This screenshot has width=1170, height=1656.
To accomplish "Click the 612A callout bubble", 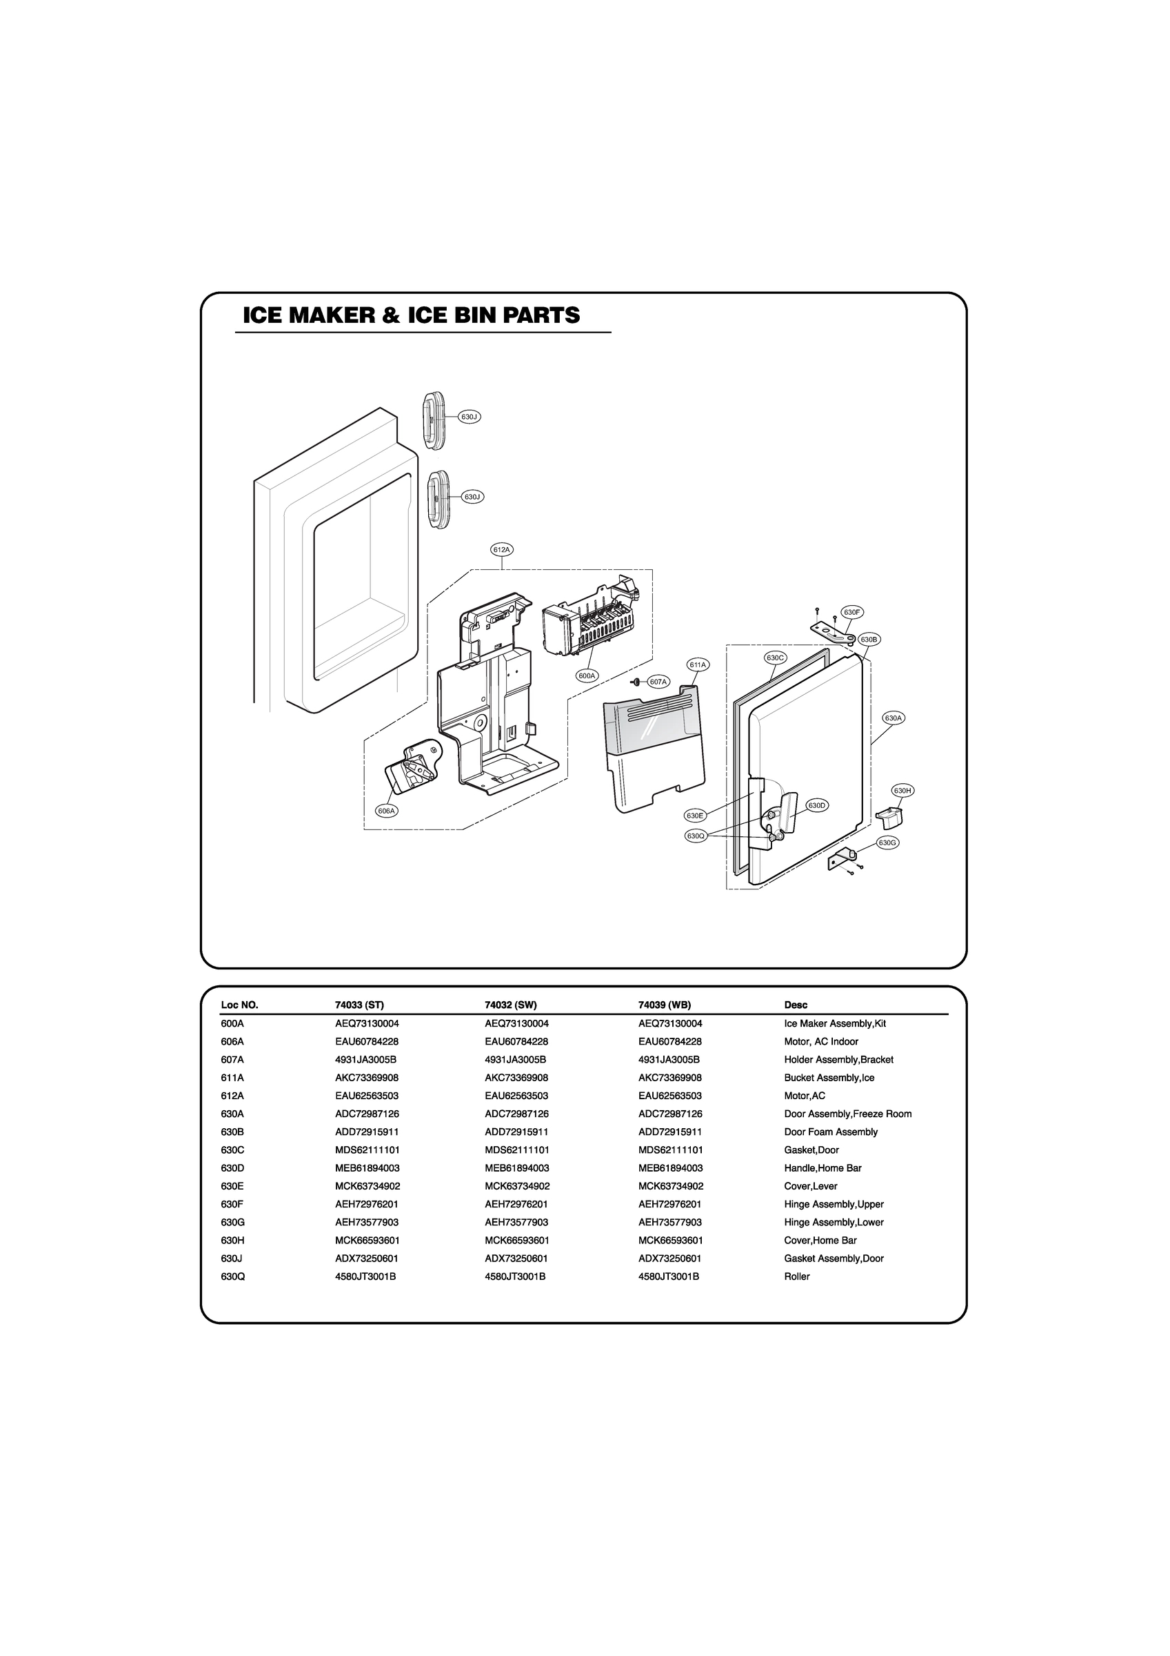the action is click(x=502, y=550).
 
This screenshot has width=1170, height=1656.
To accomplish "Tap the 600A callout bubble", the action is click(x=587, y=676).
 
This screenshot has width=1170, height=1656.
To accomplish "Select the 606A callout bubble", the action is click(x=387, y=811).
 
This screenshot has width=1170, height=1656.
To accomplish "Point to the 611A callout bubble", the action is click(x=698, y=664).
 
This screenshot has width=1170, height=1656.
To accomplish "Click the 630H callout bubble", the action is click(x=903, y=791).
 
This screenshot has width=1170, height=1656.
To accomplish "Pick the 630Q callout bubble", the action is click(x=696, y=836).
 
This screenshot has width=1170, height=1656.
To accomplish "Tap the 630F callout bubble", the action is click(x=852, y=612).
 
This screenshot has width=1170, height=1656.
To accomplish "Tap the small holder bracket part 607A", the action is click(x=635, y=682).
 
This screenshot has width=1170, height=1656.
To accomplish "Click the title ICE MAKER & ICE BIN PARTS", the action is click(x=411, y=316).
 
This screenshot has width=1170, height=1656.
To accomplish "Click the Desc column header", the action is click(x=796, y=1005).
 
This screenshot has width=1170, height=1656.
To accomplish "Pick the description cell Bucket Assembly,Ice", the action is click(x=829, y=1078).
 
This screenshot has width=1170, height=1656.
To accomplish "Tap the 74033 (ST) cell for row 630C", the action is click(x=367, y=1150).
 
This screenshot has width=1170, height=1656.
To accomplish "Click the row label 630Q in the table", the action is click(x=233, y=1276).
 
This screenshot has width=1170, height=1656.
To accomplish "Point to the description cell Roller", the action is click(x=796, y=1276).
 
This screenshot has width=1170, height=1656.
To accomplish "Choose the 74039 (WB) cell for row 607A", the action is click(x=669, y=1060).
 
